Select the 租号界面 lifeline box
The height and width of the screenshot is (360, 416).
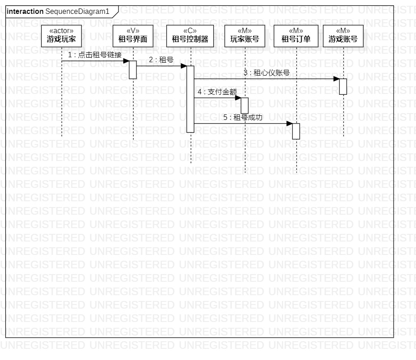[133, 35]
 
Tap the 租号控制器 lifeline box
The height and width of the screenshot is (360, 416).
[190, 35]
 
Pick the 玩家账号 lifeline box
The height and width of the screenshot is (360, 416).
[245, 35]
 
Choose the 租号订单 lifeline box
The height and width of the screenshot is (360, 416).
[296, 35]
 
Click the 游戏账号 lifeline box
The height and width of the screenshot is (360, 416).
[343, 35]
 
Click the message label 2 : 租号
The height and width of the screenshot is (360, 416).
[161, 59]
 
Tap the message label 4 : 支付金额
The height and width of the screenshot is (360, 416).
[217, 92]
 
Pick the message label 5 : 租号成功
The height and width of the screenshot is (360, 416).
[242, 118]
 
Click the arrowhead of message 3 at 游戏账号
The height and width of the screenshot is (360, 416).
[336, 79]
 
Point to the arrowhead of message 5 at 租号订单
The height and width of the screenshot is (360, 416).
[289, 123]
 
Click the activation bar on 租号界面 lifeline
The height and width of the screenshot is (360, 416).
[133, 70]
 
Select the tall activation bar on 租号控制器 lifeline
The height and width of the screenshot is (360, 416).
[190, 99]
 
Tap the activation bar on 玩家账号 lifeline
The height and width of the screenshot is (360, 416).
[245, 106]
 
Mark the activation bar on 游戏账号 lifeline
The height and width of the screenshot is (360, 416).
[343, 86]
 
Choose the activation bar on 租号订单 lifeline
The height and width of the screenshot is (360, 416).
[296, 131]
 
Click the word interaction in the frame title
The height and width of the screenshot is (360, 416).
[25, 11]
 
